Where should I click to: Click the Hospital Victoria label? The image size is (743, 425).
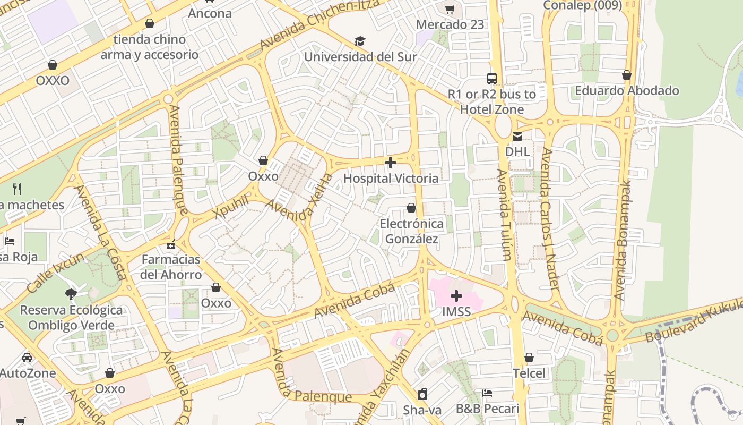click(391, 178)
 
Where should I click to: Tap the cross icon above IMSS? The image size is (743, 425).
click(456, 296)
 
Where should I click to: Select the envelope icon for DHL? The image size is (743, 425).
click(517, 137)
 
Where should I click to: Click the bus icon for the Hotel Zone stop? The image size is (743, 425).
click(492, 79)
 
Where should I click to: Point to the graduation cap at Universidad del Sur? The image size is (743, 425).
click(360, 41)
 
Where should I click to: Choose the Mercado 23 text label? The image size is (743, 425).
click(450, 24)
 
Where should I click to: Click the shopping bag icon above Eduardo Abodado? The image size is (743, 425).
click(627, 75)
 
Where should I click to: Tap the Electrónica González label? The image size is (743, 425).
click(411, 232)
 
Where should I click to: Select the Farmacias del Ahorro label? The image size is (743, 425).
click(171, 267)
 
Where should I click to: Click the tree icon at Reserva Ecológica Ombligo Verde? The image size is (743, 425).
click(71, 294)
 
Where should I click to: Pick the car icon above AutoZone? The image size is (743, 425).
click(27, 358)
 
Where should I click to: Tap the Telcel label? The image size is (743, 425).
click(529, 373)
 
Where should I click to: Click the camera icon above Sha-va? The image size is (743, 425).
click(422, 394)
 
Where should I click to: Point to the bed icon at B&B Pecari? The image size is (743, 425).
click(487, 393)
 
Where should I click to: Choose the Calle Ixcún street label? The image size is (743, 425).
click(55, 273)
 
